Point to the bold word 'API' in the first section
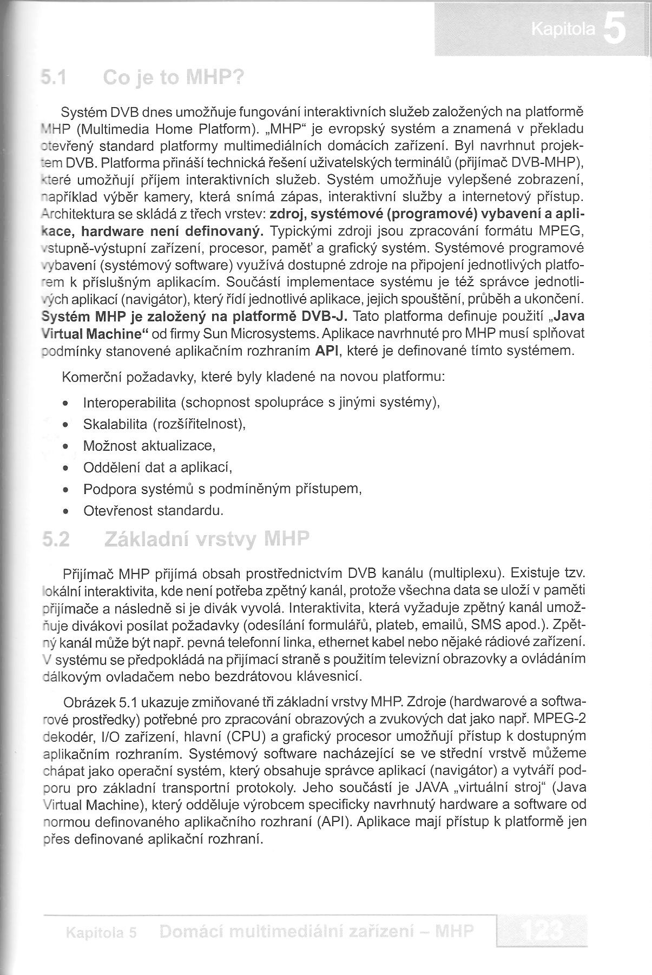(327, 351)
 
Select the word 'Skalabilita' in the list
(115, 424)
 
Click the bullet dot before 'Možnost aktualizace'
(65, 447)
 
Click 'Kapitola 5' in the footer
(100, 933)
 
